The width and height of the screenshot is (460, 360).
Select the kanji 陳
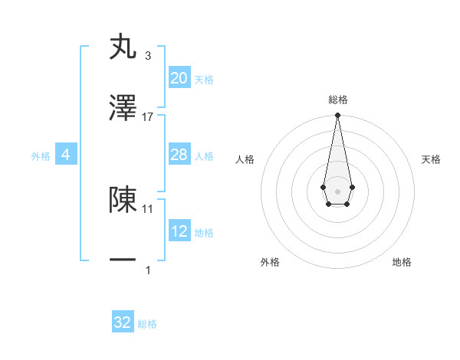point(123,199)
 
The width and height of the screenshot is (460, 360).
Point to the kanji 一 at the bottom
point(123,260)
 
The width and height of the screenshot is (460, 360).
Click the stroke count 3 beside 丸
point(147,56)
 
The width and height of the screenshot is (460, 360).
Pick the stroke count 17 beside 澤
point(148,116)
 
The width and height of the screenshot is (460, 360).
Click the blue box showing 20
point(179,78)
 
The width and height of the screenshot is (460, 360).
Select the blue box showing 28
point(179,155)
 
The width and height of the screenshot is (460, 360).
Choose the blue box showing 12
point(179,231)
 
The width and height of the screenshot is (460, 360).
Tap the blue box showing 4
point(66,155)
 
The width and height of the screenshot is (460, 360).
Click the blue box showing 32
point(123,322)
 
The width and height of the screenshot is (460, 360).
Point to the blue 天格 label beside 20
point(204,80)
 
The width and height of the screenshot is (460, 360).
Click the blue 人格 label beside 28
point(204,156)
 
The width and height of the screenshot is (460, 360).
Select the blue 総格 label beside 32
point(147,324)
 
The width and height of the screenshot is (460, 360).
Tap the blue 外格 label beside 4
point(41,156)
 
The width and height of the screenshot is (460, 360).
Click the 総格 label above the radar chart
point(337,100)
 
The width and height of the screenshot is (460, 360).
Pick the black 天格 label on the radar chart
point(431,159)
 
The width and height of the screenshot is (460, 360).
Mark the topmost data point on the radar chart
point(337,116)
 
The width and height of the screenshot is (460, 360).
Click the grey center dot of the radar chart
point(337,190)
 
